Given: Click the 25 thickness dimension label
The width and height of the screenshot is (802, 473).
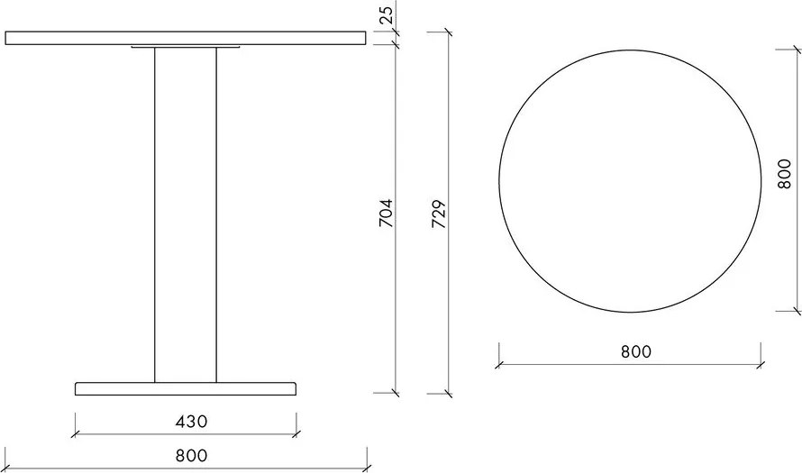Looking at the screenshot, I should pos(386,14).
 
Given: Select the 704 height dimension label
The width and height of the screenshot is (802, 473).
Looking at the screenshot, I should pos(386,214).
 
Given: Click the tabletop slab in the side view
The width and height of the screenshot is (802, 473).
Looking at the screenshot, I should pos(185,38).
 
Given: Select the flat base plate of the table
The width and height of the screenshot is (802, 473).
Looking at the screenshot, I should pos(185,388).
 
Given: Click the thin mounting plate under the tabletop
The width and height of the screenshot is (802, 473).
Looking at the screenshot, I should pos(185,47).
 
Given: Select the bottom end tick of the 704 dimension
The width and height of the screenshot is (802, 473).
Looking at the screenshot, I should pos(396,393).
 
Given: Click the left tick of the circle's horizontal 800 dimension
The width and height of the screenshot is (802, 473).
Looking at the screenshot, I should pos(498,365).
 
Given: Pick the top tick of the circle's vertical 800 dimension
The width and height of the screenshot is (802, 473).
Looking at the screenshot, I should pos(797,45).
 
